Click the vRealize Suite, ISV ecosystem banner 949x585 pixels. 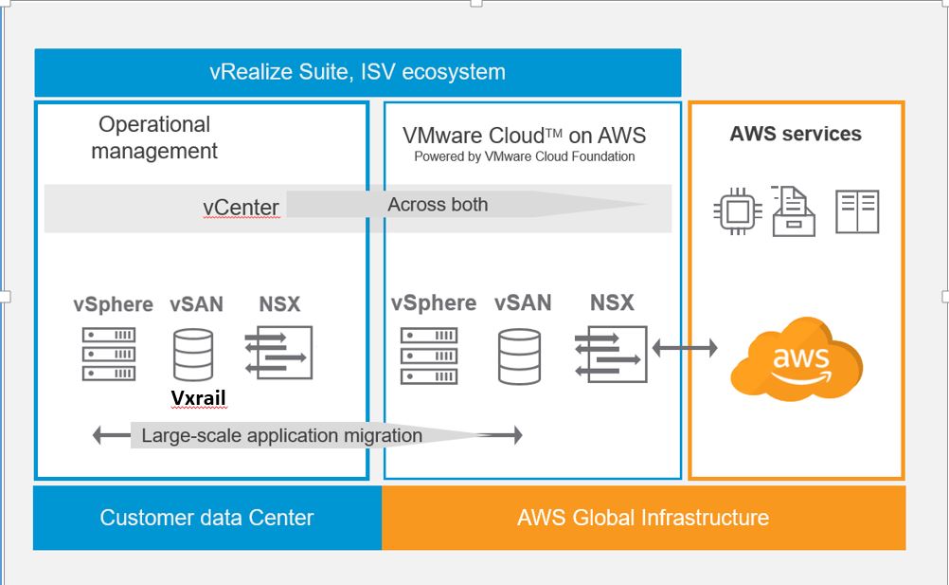357,72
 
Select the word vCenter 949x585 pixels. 241,208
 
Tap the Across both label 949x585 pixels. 438,204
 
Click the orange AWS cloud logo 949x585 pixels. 796,359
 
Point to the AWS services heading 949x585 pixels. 796,134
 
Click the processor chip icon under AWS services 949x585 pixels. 737,212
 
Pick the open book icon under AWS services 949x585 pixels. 857,211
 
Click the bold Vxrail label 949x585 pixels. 199,397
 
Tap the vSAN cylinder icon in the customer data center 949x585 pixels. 193,354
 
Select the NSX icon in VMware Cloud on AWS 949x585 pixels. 611,355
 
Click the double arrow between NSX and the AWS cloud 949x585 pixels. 685,350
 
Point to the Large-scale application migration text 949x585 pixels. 281,436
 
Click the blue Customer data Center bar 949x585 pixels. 206,518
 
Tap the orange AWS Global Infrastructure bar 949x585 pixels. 643,518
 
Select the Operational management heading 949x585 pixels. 154,137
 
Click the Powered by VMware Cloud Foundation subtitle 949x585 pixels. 524,156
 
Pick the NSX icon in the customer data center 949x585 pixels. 278,353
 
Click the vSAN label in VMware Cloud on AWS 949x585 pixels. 522,303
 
